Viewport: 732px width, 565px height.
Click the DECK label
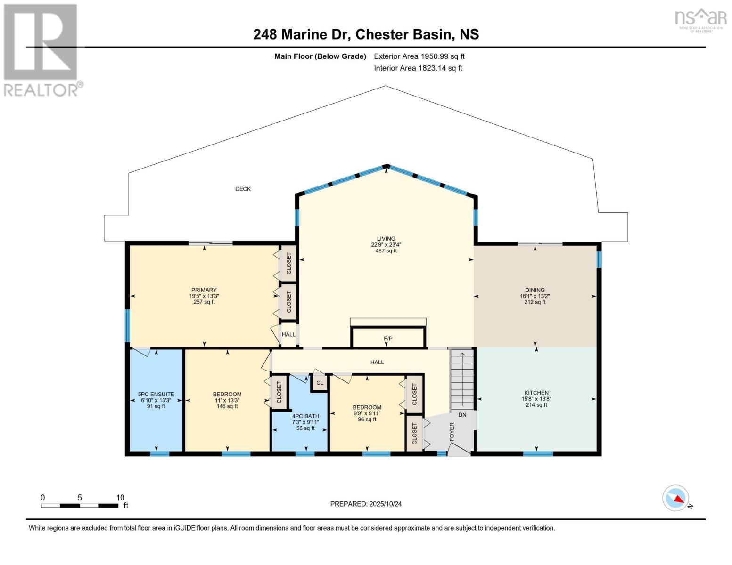click(243, 189)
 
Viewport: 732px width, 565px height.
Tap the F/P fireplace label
click(388, 339)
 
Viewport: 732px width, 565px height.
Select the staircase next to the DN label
click(462, 379)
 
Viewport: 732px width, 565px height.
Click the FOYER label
click(452, 432)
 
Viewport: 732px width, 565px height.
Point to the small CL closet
click(320, 383)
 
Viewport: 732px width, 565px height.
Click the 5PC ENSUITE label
click(156, 395)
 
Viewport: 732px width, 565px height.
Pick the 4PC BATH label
click(305, 416)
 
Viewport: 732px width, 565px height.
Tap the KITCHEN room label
click(536, 393)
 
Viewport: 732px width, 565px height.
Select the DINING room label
click(535, 290)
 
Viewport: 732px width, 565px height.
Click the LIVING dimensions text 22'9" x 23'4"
click(386, 245)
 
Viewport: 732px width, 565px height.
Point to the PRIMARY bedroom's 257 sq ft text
click(204, 302)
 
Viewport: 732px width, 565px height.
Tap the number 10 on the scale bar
click(120, 498)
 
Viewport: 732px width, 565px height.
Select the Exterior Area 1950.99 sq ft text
click(419, 56)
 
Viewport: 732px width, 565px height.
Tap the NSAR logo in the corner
click(701, 20)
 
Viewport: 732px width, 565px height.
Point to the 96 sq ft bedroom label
click(367, 420)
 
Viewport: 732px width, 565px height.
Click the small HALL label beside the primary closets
click(288, 334)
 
